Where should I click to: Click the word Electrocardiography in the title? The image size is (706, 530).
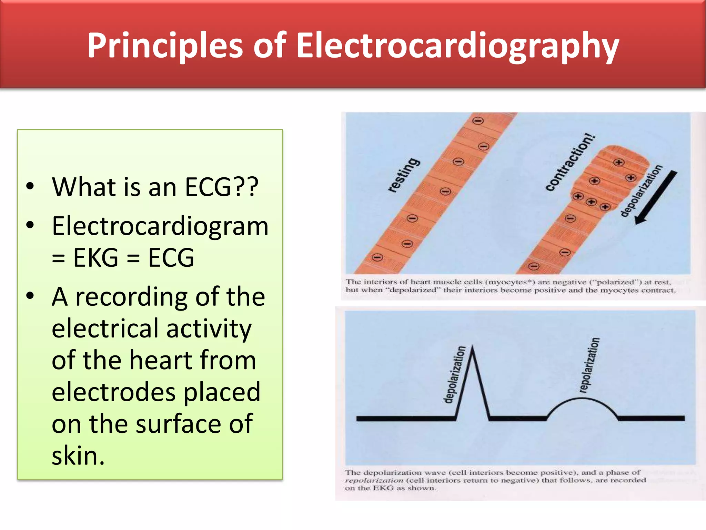457,46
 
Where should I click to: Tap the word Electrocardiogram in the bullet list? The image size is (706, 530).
160,226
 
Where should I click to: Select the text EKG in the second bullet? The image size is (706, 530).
95,258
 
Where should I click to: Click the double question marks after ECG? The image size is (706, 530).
245,187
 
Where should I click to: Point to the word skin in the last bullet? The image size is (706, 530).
78,456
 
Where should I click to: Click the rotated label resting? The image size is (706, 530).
404,175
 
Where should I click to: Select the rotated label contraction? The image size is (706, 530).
570,162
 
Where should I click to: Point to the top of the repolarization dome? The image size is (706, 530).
582,399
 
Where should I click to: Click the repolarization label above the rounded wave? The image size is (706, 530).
589,365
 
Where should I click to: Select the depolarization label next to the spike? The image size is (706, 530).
454,375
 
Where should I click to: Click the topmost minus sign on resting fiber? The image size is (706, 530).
478,121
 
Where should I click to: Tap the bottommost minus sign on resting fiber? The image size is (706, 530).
377,257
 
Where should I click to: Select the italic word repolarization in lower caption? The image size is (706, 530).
374,480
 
